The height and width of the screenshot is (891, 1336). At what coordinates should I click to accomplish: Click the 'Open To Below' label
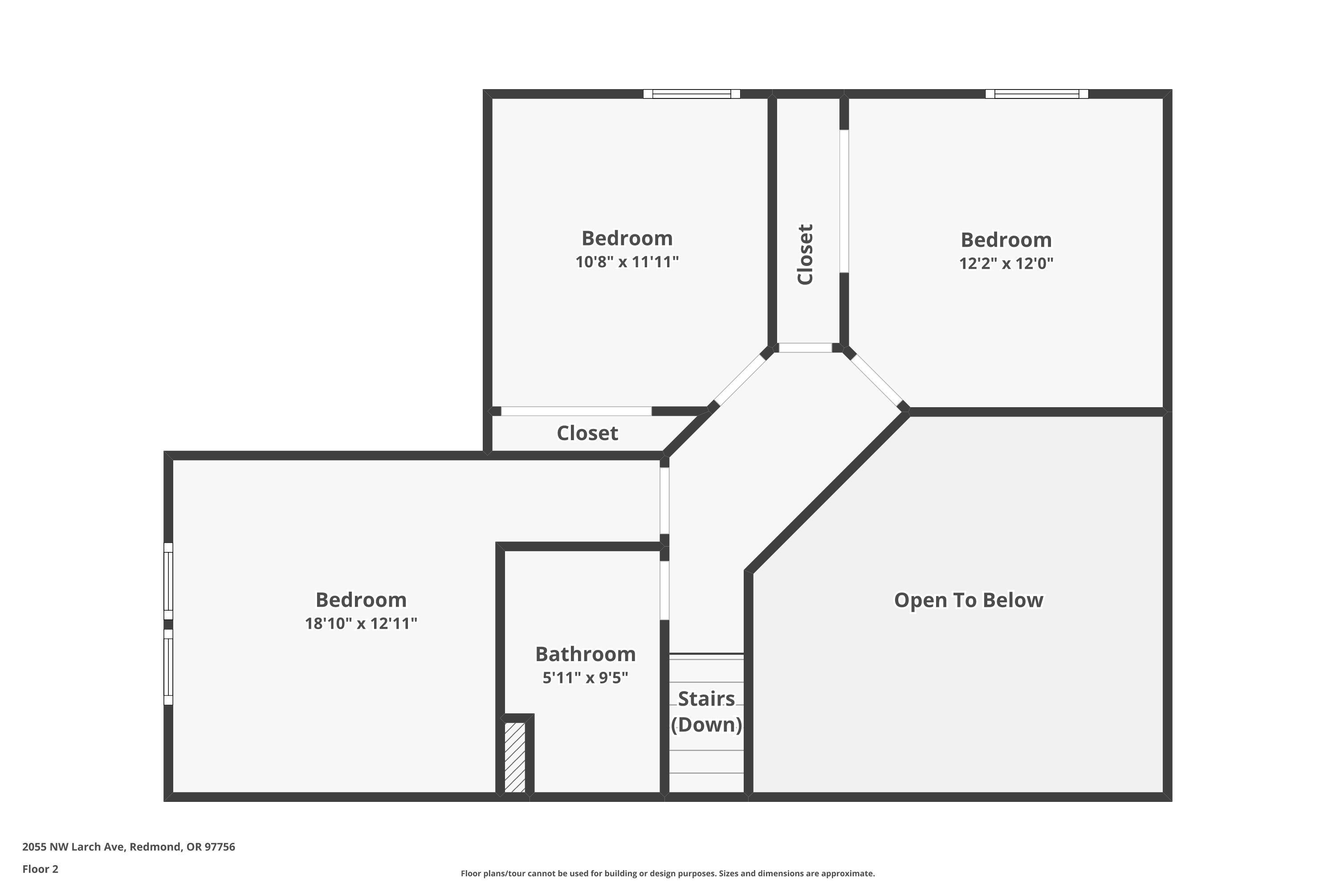tap(969, 600)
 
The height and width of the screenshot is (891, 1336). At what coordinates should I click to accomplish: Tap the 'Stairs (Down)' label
tap(706, 711)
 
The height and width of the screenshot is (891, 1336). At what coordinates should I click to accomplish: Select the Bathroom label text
tap(585, 654)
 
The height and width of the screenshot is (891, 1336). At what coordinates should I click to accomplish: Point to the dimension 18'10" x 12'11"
tap(361, 623)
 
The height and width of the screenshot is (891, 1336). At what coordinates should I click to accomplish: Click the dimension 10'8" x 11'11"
tap(627, 262)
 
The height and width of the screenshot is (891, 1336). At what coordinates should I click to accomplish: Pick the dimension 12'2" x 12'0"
tap(1006, 264)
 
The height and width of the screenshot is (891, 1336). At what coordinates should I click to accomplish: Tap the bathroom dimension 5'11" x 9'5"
tap(585, 678)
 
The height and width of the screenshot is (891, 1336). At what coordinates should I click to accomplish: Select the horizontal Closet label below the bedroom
tap(587, 433)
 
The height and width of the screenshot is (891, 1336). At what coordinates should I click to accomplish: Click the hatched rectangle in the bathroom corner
tap(515, 757)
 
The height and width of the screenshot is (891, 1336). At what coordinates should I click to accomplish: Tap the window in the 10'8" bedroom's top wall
tap(691, 94)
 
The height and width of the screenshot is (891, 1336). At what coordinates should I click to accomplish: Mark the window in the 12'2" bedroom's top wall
tap(1037, 94)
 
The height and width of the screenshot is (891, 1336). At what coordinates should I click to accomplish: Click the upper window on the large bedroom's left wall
tap(168, 581)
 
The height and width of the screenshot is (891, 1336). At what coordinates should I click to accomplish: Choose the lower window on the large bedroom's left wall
tap(168, 666)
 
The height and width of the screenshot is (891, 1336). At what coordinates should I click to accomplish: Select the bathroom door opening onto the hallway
tap(664, 590)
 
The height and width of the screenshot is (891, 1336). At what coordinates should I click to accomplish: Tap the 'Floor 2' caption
tap(41, 869)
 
